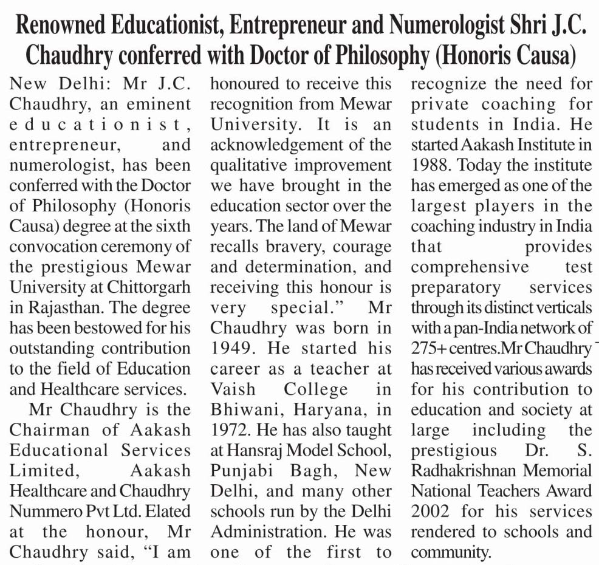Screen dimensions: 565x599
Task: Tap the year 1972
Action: click(x=230, y=430)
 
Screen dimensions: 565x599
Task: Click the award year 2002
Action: click(x=431, y=511)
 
